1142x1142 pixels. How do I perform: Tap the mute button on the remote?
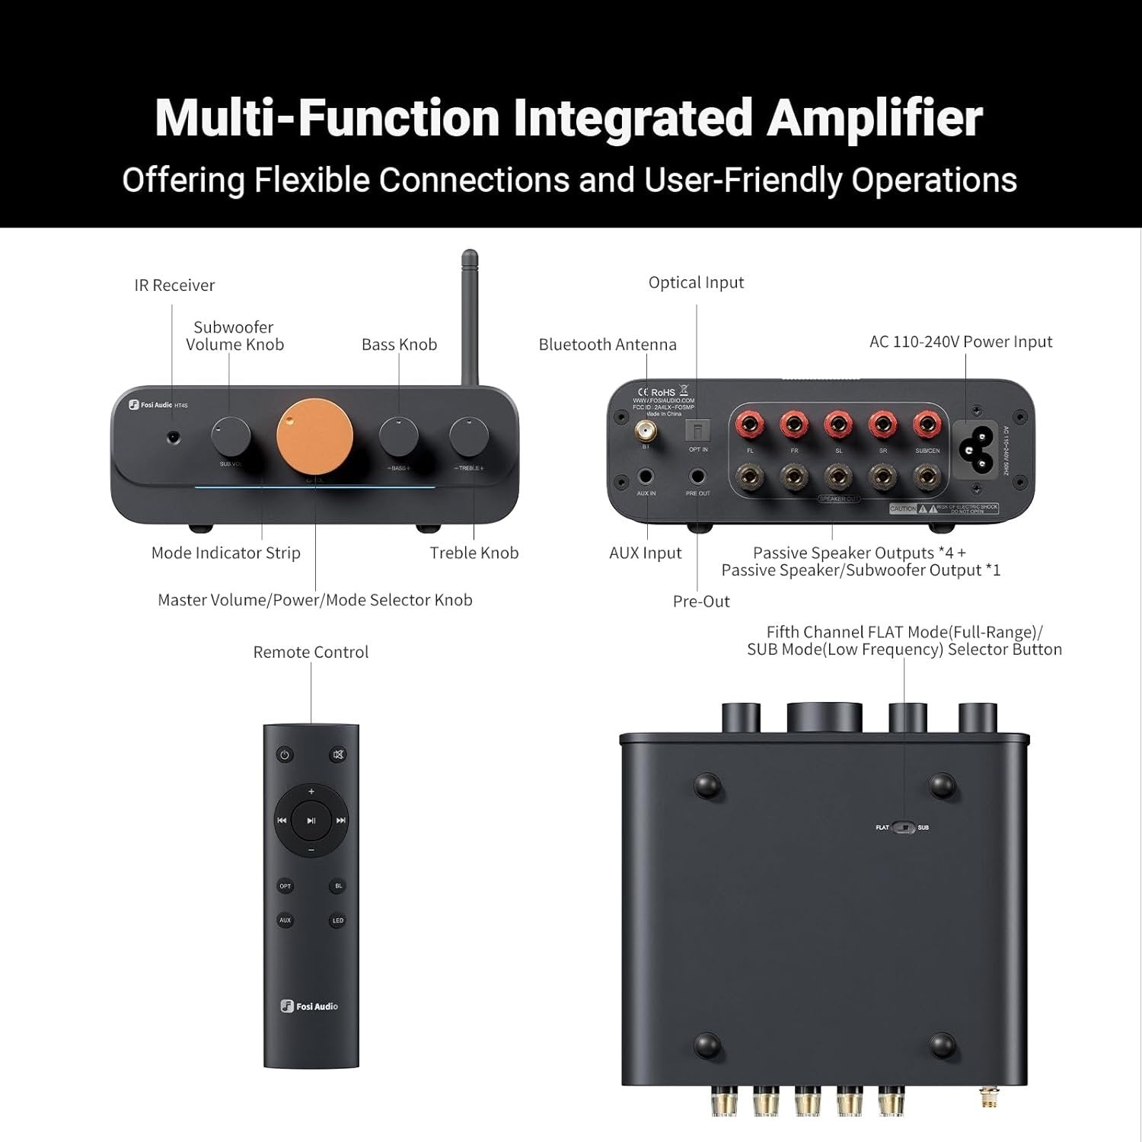pyautogui.click(x=338, y=755)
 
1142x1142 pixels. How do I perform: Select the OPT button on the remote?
pyautogui.click(x=285, y=886)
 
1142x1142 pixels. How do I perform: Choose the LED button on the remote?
pyautogui.click(x=338, y=920)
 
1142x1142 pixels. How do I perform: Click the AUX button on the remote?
pyautogui.click(x=285, y=920)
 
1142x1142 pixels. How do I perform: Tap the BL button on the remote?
pyautogui.click(x=338, y=886)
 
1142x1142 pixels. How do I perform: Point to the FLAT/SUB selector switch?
pyautogui.click(x=904, y=828)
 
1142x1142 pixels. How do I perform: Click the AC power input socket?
pyautogui.click(x=981, y=448)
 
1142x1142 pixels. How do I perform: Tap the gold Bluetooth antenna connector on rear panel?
pyautogui.click(x=646, y=432)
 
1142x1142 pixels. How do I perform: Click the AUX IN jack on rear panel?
pyautogui.click(x=646, y=477)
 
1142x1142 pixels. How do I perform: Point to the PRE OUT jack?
pyautogui.click(x=697, y=477)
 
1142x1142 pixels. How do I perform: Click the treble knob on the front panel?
pyautogui.click(x=469, y=436)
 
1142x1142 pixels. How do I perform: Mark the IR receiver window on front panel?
pyautogui.click(x=174, y=438)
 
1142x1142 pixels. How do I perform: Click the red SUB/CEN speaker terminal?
pyautogui.click(x=926, y=423)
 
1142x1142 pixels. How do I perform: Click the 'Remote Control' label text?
pyautogui.click(x=311, y=652)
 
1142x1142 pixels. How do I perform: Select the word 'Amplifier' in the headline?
pyautogui.click(x=874, y=118)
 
